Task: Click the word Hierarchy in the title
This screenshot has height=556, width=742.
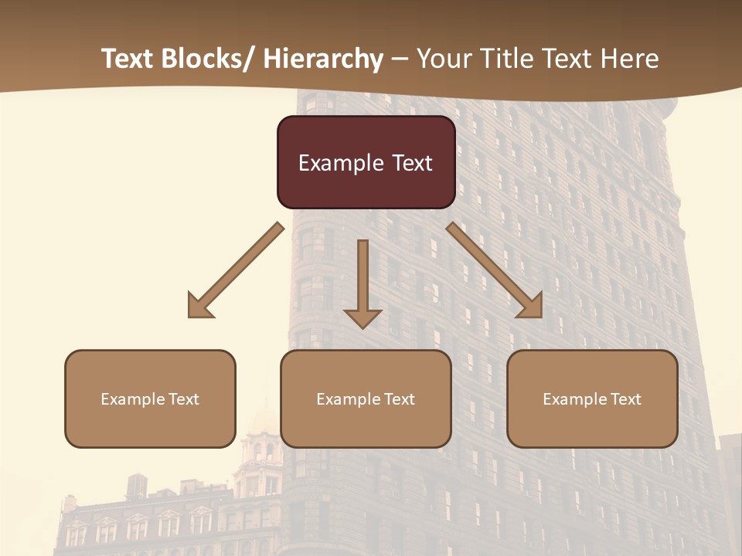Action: point(323,59)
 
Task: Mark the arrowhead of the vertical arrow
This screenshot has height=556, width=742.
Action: point(362,317)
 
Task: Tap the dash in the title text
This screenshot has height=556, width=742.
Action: point(400,59)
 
